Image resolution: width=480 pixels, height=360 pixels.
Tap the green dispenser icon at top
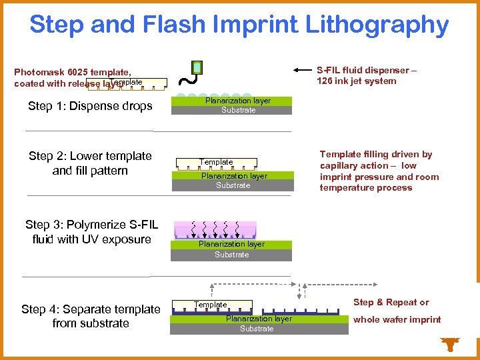[197, 67]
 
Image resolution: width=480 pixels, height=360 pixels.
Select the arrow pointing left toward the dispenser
[303, 69]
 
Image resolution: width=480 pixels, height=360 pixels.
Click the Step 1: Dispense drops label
[90, 106]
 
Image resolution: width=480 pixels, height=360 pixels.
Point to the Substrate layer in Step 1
[239, 110]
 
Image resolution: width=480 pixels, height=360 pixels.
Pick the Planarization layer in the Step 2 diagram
[233, 175]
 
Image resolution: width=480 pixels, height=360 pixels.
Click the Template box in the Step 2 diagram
[217, 162]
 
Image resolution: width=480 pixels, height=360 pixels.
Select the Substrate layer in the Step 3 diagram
[231, 255]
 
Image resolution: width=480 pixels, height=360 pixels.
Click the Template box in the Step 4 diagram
[211, 305]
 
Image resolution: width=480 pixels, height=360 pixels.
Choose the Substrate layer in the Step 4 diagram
[257, 329]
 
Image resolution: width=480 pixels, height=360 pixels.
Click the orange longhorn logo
[451, 344]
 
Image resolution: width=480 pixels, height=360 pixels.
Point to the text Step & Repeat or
[391, 303]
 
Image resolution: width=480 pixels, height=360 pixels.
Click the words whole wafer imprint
[397, 320]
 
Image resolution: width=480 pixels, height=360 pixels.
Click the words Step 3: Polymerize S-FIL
[91, 225]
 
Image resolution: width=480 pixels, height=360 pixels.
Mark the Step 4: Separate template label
[91, 309]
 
